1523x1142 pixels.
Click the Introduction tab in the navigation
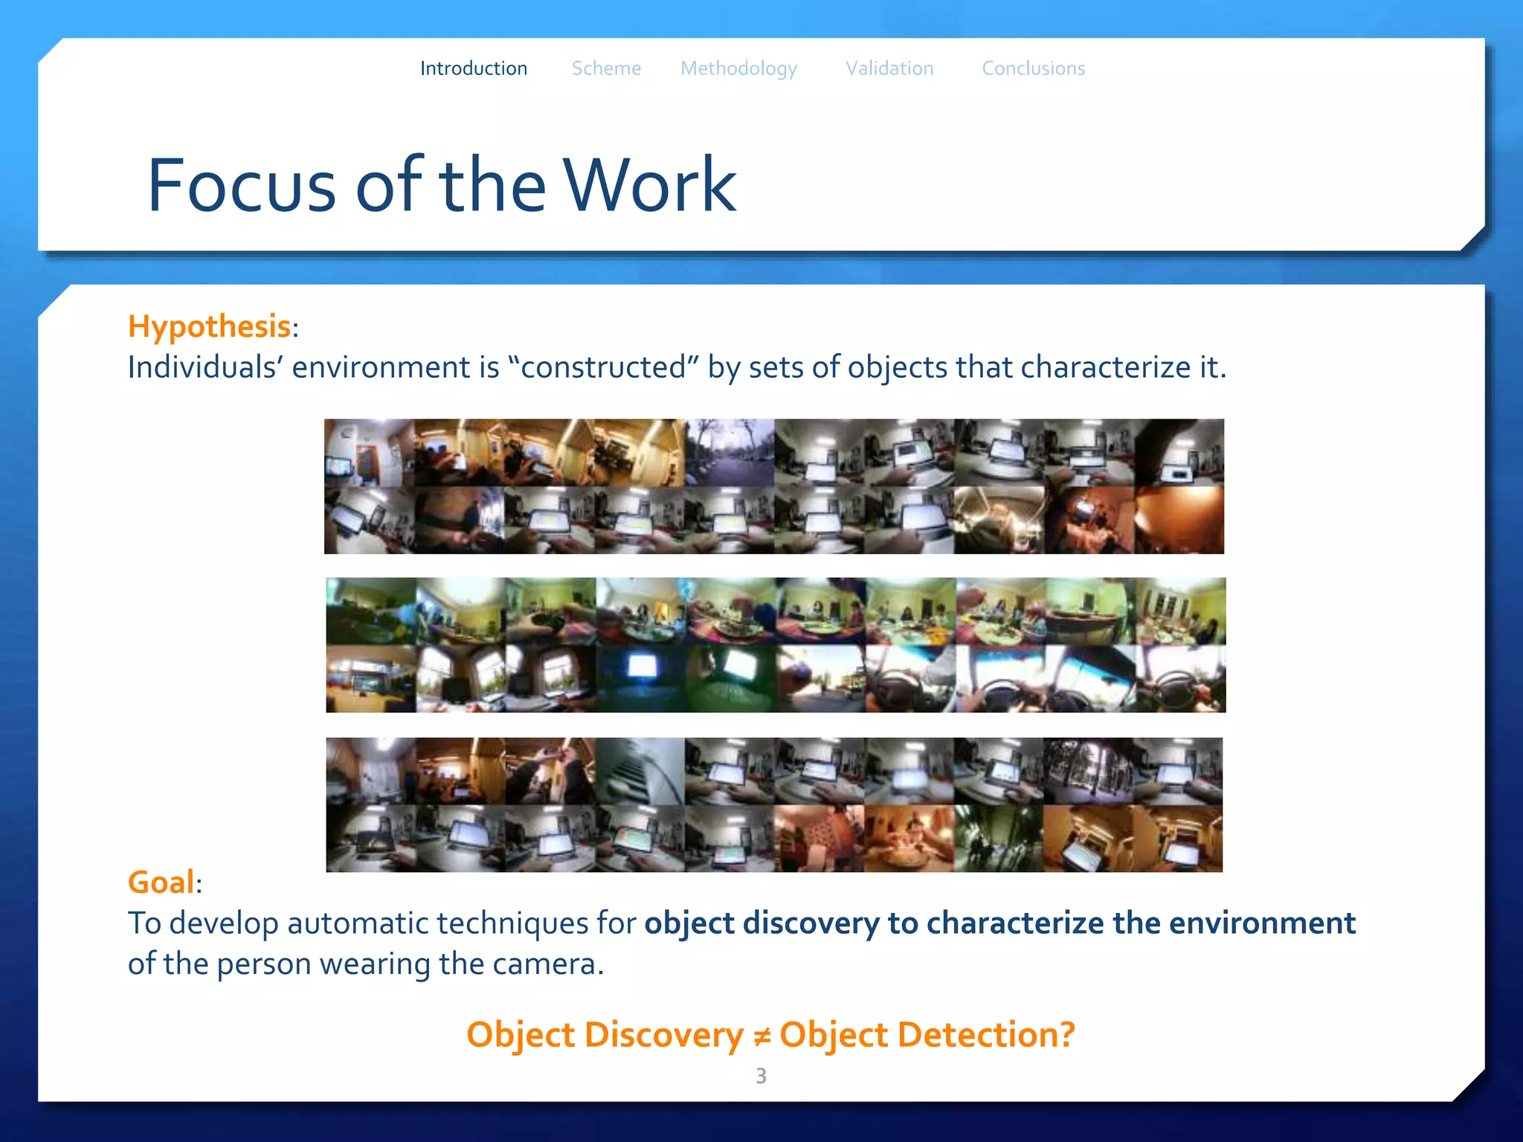[x=474, y=68]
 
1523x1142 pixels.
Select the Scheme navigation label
[x=606, y=68]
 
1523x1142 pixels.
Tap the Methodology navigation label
[x=738, y=69]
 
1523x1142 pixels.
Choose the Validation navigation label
[x=889, y=68]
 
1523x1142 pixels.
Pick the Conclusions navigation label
[x=1033, y=68]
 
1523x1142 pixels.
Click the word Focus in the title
[x=242, y=185]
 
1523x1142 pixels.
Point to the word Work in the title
[x=649, y=185]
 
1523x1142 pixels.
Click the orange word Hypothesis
[x=209, y=326]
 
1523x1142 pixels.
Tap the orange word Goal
[x=161, y=883]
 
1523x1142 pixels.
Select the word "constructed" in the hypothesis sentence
[x=603, y=367]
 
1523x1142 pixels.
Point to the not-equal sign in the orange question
[x=761, y=1036]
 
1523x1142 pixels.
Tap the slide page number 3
[x=761, y=1076]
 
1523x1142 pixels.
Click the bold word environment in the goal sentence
[x=1262, y=923]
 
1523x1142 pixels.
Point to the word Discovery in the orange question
[x=663, y=1035]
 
